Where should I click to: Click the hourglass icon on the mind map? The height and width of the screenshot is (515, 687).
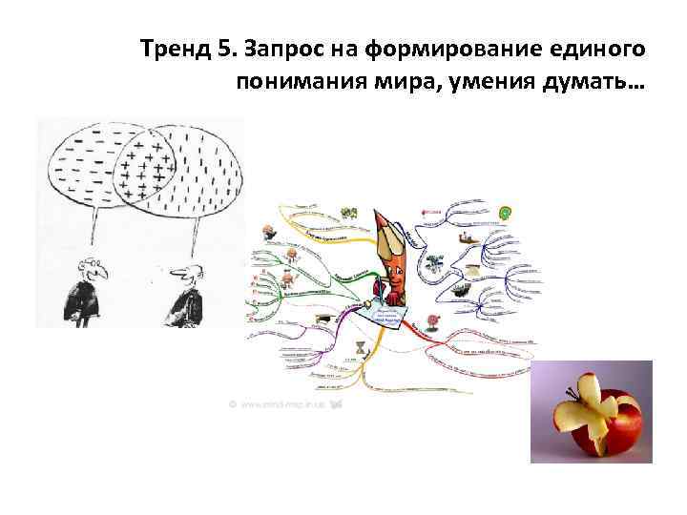tap(360, 349)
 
